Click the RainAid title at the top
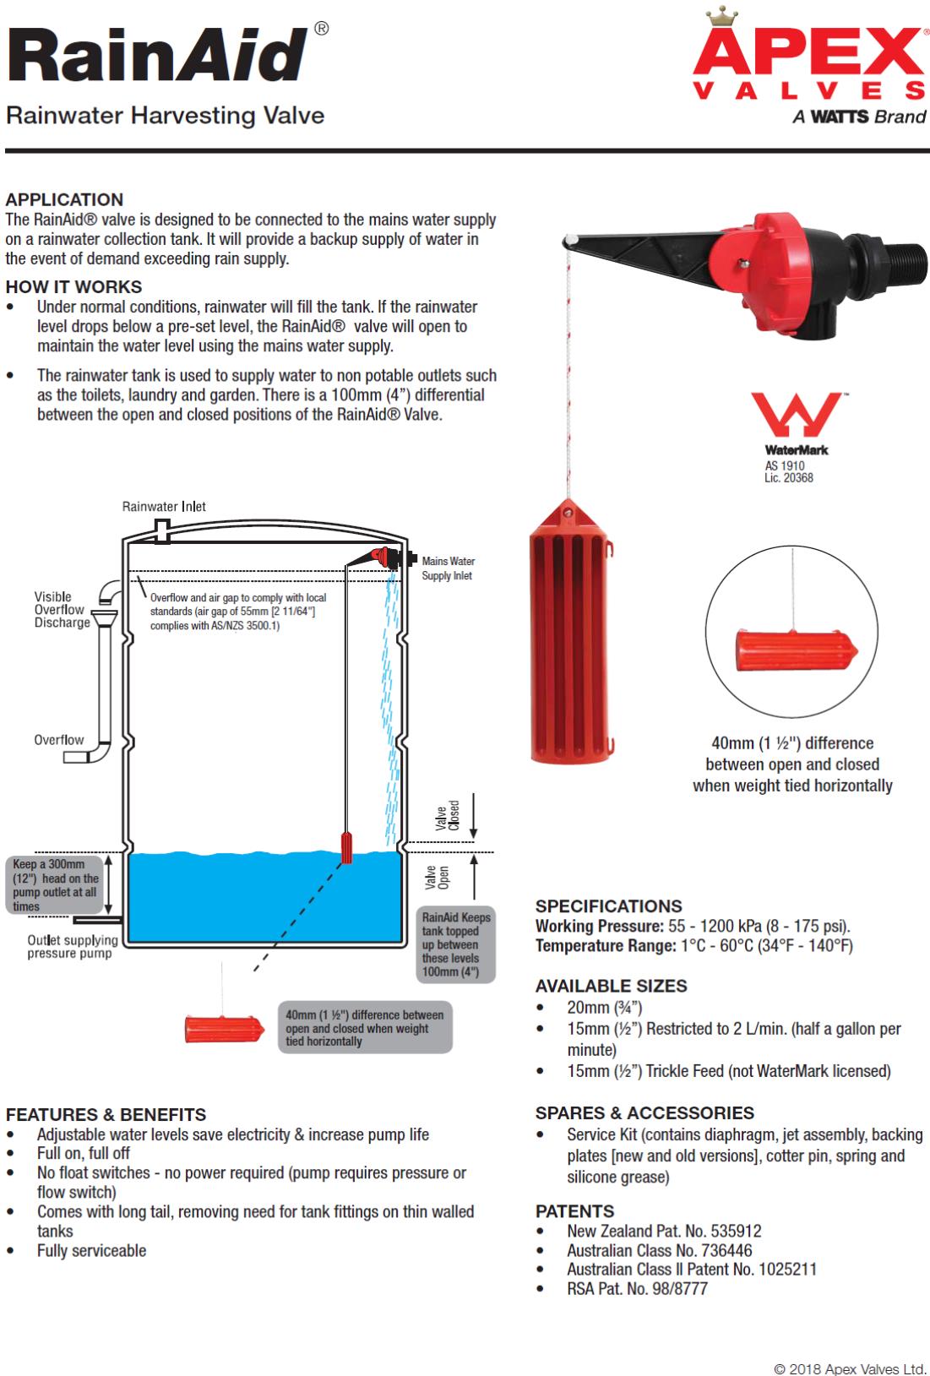coord(156,56)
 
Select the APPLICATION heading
coord(64,200)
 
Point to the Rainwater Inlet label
coord(164,507)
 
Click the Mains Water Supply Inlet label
coord(448,568)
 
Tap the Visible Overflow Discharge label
coord(62,610)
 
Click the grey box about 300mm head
coord(56,885)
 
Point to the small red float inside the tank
coord(346,847)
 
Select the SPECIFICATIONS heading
coord(608,906)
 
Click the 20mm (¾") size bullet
coord(603,1008)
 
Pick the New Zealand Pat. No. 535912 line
coord(664,1231)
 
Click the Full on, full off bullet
coord(83,1154)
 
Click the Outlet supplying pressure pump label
coord(72,947)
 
